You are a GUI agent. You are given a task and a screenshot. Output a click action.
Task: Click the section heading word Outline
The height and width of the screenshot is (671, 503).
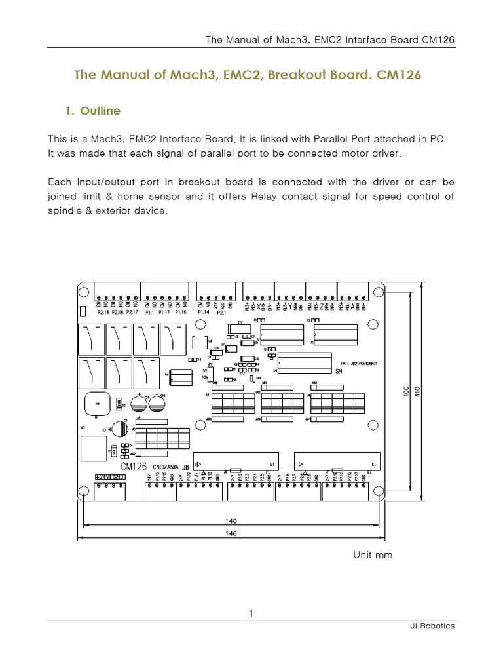click(x=100, y=111)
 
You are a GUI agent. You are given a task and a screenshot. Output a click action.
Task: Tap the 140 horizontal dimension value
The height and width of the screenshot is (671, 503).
click(x=231, y=521)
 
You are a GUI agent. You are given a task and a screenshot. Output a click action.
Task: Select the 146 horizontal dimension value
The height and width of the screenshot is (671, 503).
click(x=231, y=534)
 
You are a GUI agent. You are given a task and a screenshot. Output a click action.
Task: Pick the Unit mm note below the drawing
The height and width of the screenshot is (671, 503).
click(x=373, y=555)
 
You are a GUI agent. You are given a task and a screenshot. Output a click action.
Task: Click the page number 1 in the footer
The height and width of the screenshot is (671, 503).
click(x=251, y=613)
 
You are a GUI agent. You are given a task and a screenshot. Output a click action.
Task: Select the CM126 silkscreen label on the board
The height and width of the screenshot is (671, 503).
click(x=134, y=466)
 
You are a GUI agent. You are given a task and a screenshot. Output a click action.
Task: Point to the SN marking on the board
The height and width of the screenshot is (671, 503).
click(x=339, y=371)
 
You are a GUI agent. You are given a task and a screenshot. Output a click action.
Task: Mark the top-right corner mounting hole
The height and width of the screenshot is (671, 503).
click(x=378, y=292)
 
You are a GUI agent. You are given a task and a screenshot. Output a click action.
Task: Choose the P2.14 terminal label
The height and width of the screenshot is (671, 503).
click(x=102, y=312)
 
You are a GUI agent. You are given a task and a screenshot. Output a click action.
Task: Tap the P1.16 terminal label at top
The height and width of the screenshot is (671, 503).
click(x=181, y=312)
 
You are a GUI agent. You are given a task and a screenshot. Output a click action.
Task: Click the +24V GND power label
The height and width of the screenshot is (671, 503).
click(x=109, y=477)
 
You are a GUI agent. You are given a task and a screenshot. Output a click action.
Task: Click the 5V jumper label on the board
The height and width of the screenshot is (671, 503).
click(x=204, y=369)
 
